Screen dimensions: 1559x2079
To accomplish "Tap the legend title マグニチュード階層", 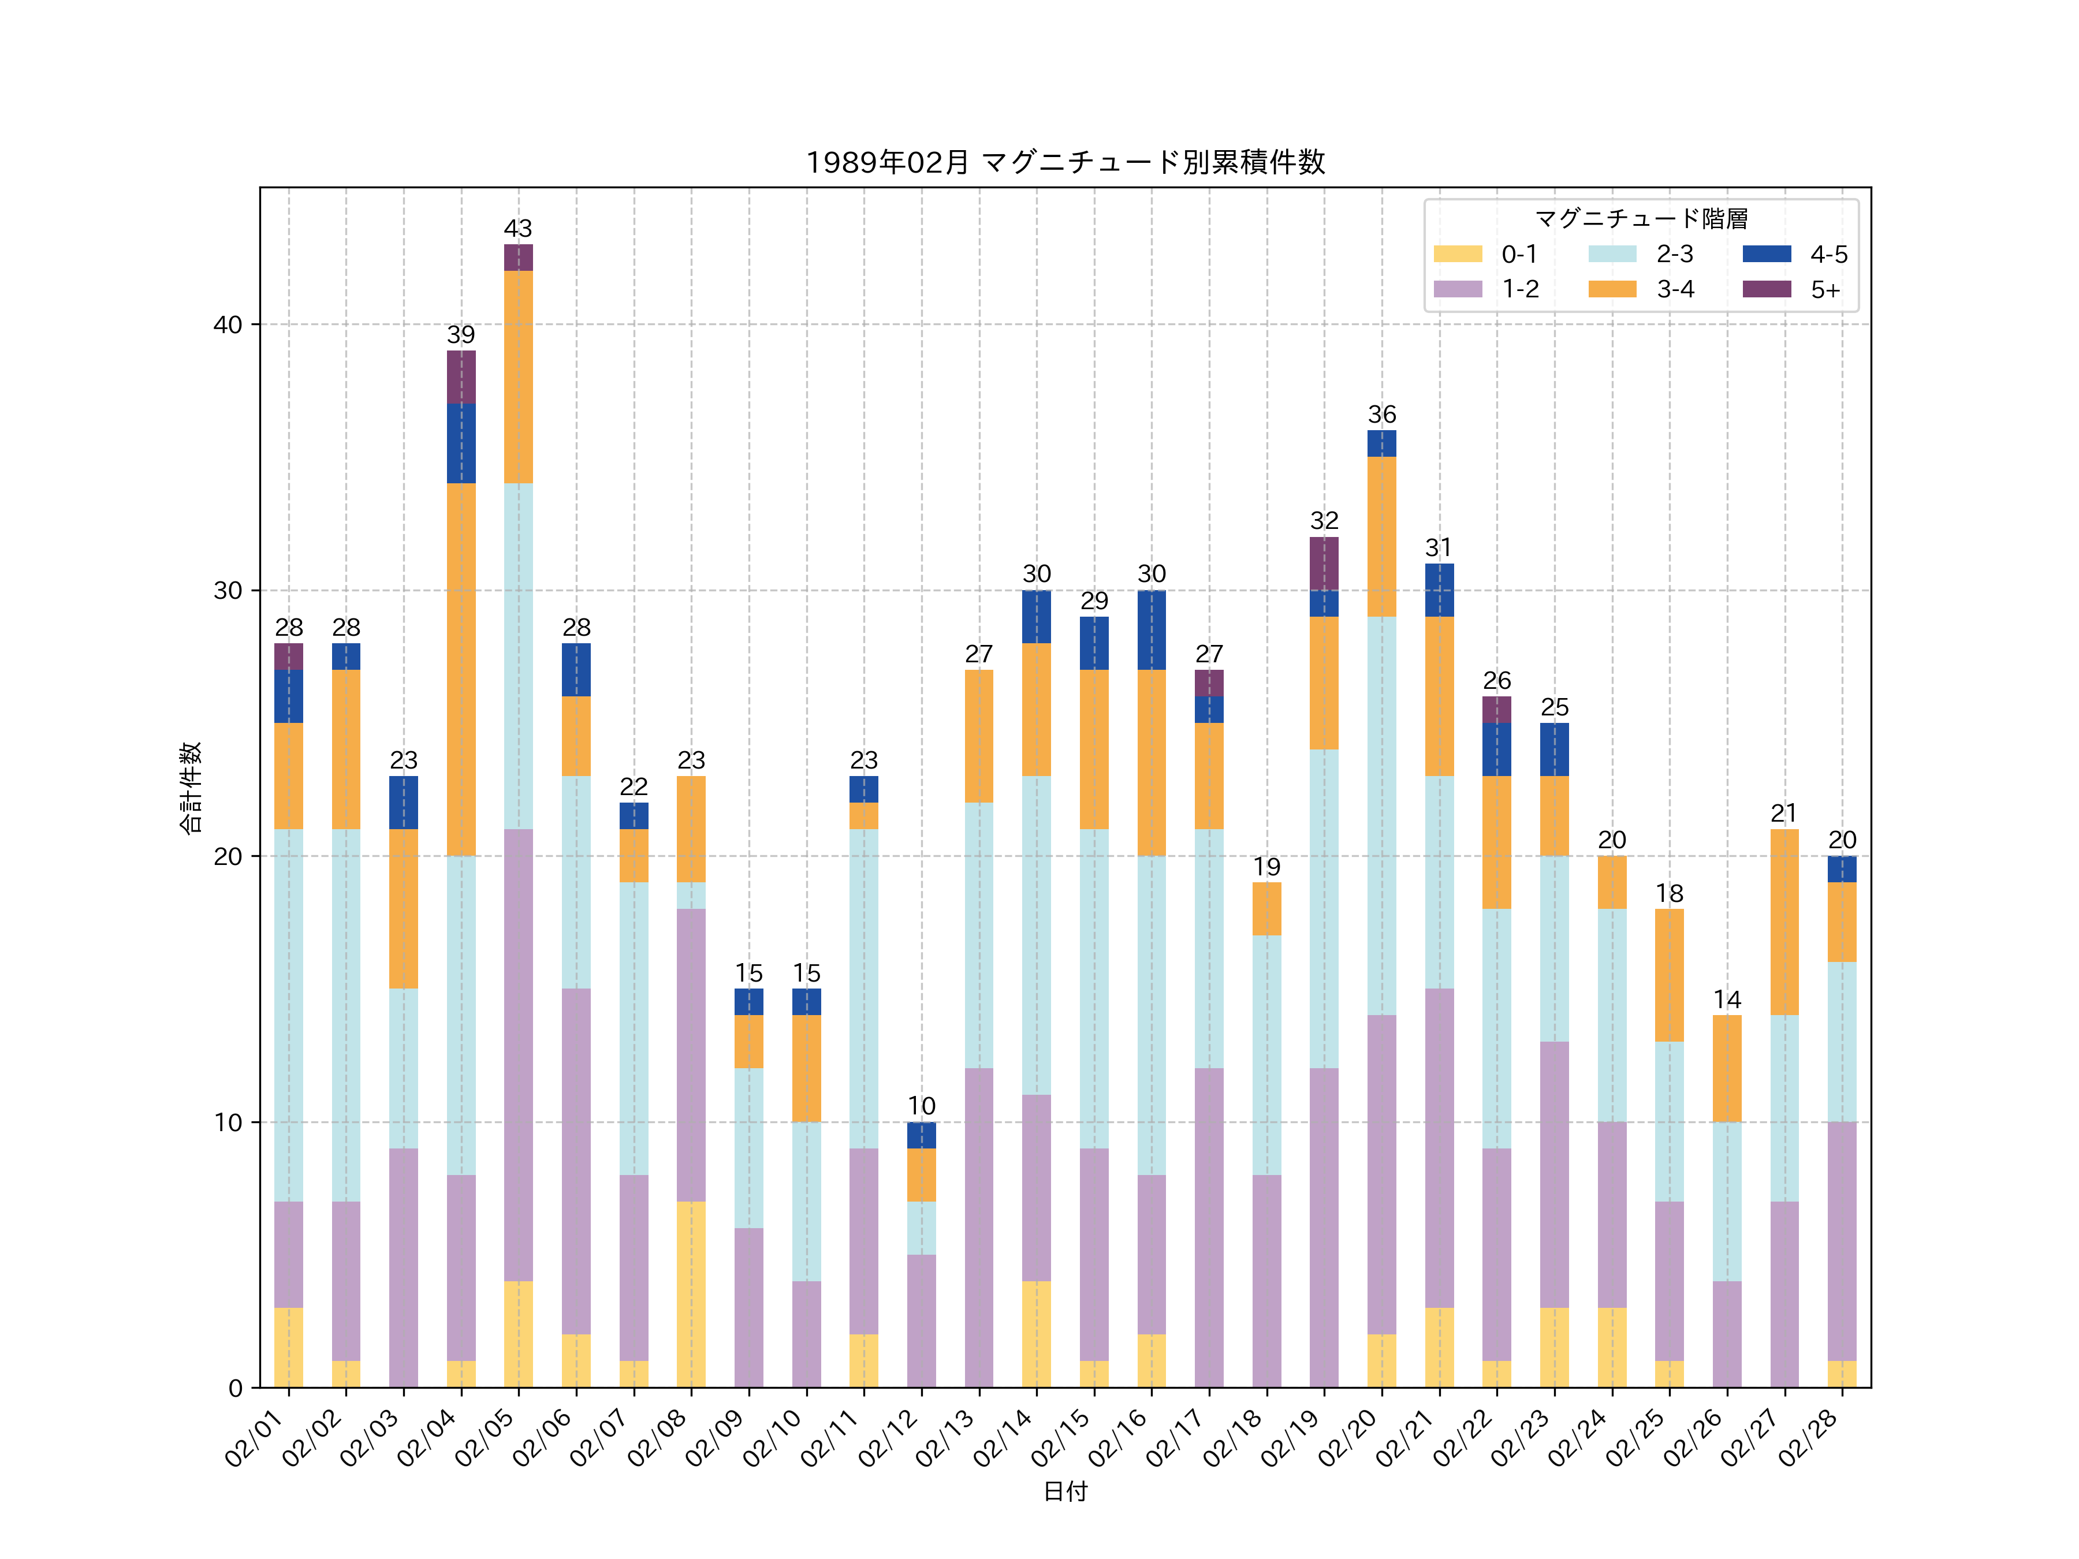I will (x=1641, y=219).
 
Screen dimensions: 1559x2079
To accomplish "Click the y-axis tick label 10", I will (x=228, y=1122).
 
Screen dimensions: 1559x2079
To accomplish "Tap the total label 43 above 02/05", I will (x=518, y=228).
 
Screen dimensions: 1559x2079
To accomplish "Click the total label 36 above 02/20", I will (x=1381, y=415).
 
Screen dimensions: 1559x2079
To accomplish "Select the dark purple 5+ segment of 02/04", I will (x=460, y=377).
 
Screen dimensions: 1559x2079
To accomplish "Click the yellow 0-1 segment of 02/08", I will (x=691, y=1294).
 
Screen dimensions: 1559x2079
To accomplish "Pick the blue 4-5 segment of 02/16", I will (x=1152, y=629).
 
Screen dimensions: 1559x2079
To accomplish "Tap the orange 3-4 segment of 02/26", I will (x=1727, y=1068).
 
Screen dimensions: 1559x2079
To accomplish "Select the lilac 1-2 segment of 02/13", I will (x=978, y=1227).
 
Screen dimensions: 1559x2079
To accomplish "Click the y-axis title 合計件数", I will (x=191, y=788).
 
